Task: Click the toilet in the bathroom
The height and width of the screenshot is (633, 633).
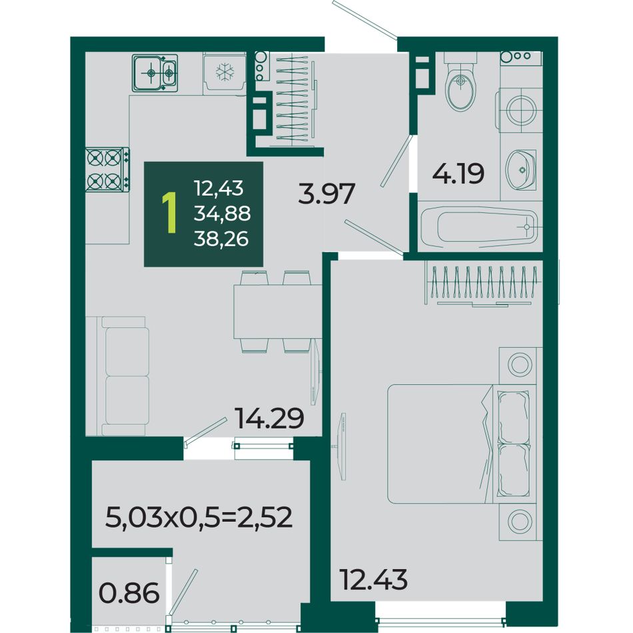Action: click(460, 83)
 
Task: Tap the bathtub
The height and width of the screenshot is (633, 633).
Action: click(479, 227)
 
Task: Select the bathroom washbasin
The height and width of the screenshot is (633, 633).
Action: click(521, 169)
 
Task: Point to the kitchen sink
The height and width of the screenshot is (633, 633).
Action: click(155, 73)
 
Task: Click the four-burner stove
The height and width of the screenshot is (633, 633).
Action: click(108, 169)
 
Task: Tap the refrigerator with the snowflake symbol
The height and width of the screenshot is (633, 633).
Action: click(225, 73)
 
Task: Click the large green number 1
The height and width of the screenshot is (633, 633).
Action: click(169, 213)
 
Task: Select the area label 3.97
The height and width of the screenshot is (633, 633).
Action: click(326, 193)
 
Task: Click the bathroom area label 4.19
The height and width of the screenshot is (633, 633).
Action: click(458, 174)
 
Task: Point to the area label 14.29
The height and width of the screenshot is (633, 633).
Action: click(269, 418)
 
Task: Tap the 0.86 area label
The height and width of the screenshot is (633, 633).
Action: click(129, 594)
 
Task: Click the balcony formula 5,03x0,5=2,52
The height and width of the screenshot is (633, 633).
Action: click(199, 517)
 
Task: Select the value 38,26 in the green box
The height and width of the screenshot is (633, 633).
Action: click(221, 239)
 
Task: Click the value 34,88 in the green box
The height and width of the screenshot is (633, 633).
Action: click(222, 214)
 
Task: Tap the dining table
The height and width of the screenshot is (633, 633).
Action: click(278, 312)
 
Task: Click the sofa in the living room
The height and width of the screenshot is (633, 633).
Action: click(117, 376)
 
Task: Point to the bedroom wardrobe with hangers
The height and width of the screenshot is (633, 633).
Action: click(484, 285)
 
